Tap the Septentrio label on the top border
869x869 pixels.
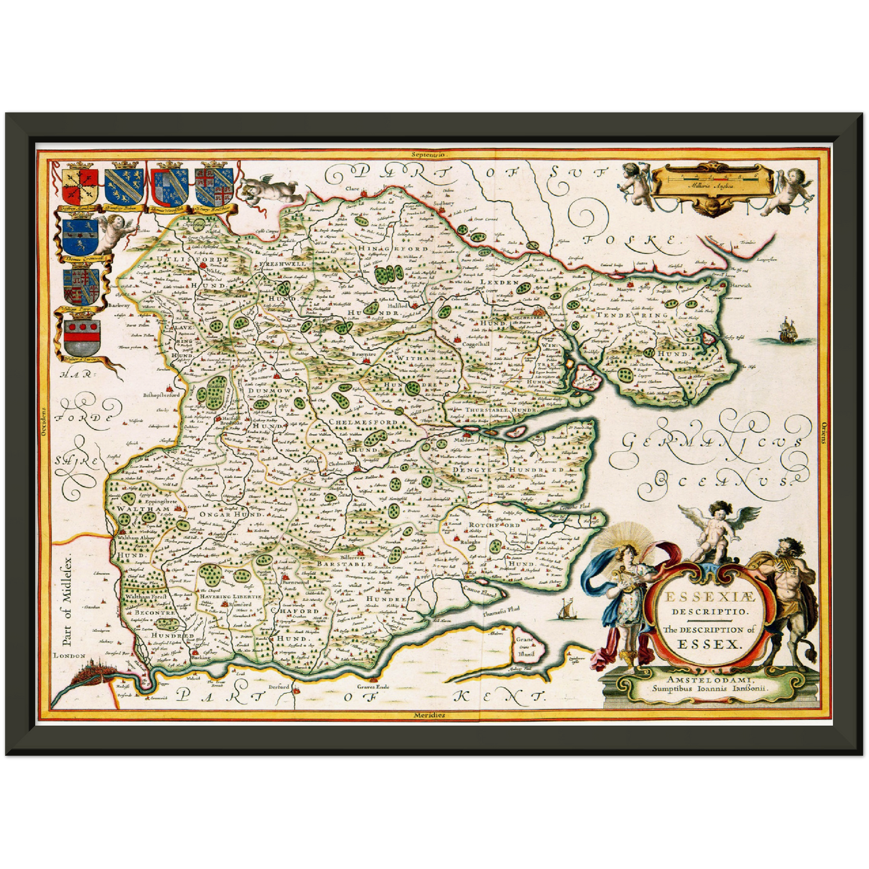coord(428,155)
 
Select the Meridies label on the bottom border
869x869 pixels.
coord(429,715)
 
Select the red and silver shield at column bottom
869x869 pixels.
coord(81,339)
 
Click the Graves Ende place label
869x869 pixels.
coord(373,686)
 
